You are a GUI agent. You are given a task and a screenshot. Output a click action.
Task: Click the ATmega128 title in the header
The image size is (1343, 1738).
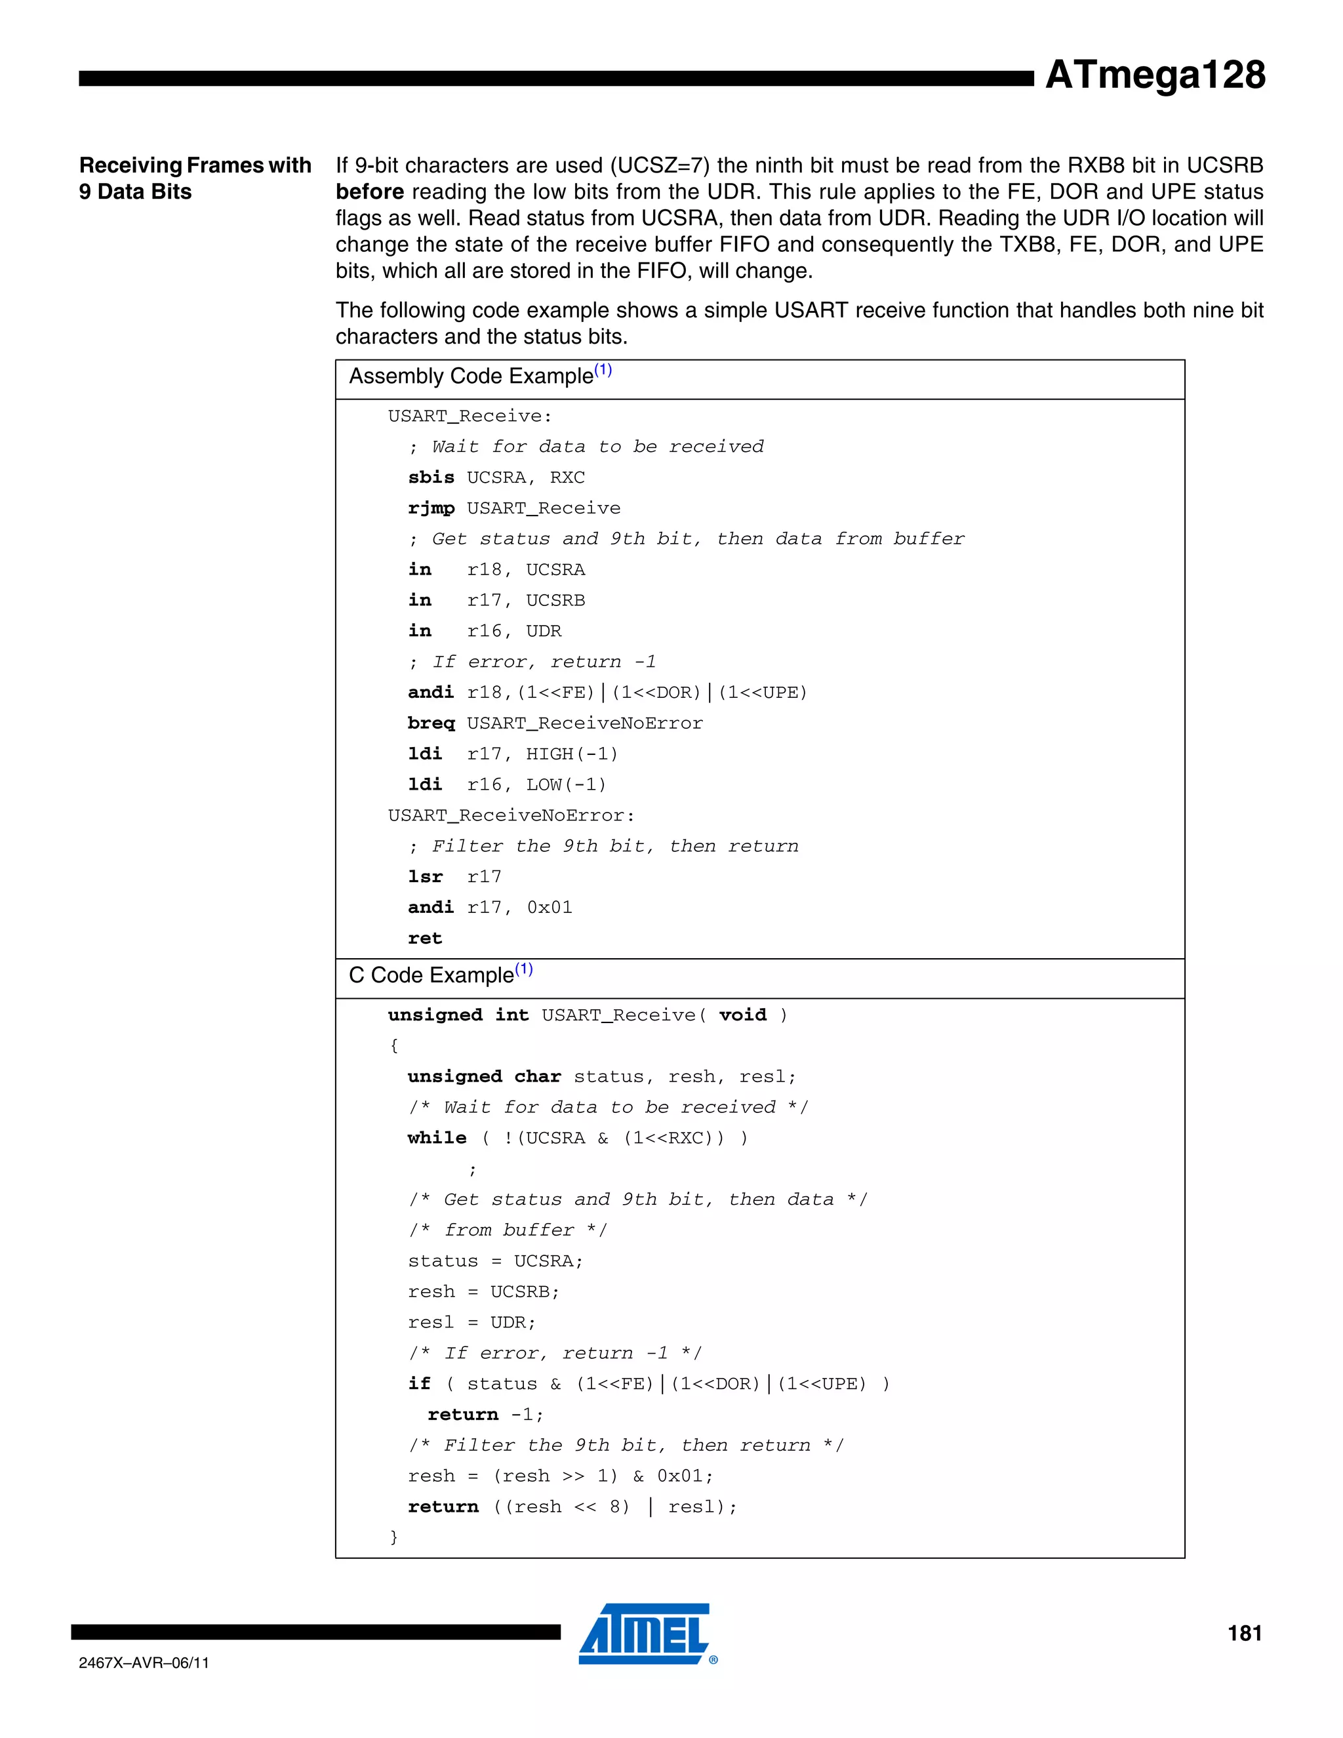click(x=1154, y=75)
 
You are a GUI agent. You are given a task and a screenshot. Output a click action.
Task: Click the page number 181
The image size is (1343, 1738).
click(x=1245, y=1634)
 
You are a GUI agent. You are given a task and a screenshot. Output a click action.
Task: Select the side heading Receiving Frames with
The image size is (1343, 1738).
click(x=195, y=165)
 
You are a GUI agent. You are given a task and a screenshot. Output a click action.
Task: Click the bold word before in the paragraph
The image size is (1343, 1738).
click(x=369, y=192)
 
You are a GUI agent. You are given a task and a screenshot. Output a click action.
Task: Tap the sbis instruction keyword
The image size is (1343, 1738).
click(x=430, y=477)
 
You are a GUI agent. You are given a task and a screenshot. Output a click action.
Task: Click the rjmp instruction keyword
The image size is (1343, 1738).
click(x=430, y=508)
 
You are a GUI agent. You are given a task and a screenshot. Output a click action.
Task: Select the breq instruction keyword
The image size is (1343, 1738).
click(x=430, y=723)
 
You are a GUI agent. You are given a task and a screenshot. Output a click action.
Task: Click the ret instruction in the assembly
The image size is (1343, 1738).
click(x=424, y=939)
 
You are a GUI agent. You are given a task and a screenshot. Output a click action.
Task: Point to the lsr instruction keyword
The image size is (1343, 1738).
click(x=425, y=877)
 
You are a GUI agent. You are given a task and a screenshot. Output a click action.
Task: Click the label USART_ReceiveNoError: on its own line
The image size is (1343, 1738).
click(x=511, y=816)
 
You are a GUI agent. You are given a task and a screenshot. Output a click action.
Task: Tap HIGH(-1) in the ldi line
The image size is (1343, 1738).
click(x=571, y=754)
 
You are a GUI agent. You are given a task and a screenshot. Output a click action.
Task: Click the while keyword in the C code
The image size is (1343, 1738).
click(x=437, y=1138)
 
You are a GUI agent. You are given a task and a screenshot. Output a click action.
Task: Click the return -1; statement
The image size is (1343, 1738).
click(x=485, y=1415)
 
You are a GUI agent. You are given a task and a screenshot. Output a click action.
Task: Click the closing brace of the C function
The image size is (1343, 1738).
click(x=393, y=1537)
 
